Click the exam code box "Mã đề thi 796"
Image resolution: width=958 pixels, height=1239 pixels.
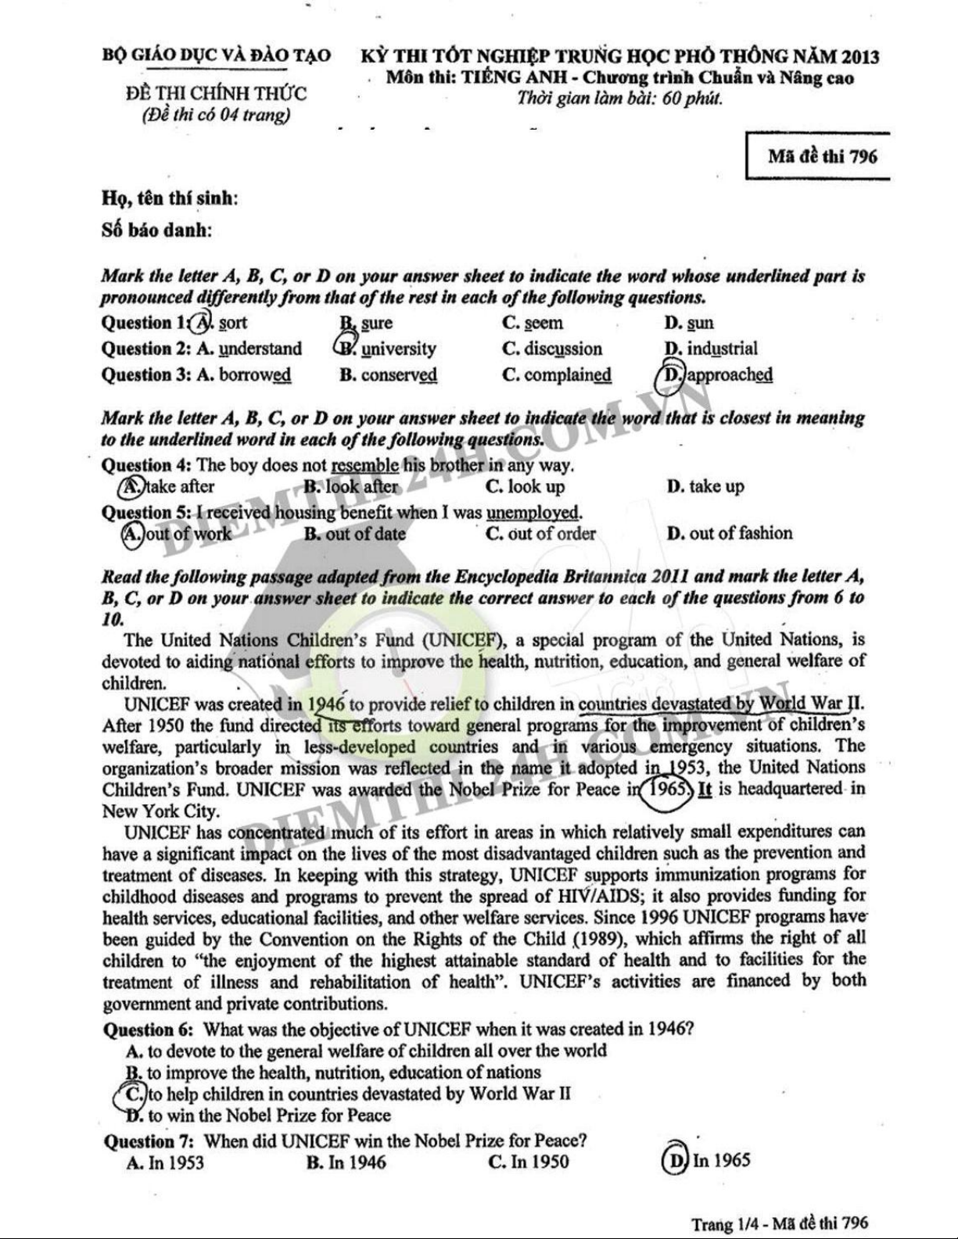coord(822,156)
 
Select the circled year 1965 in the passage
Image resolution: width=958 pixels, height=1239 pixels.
coord(667,788)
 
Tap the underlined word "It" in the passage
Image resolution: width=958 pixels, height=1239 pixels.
coord(705,788)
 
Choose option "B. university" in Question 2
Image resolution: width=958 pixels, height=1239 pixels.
coord(388,349)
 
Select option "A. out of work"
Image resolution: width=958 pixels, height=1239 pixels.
coord(178,533)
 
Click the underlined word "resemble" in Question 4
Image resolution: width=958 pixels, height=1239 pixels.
coord(365,466)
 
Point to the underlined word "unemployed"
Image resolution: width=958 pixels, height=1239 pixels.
coord(533,513)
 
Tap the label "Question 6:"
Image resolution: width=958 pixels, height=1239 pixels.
coord(149,1030)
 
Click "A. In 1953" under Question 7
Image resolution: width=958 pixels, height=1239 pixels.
coord(165,1162)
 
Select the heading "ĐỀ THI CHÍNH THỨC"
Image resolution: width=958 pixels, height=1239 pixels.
coord(216,94)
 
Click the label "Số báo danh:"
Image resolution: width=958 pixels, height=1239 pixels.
coord(157,230)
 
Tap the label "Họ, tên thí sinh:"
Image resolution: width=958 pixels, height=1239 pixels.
coord(170,199)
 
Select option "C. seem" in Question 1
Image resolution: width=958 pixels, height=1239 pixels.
coord(533,323)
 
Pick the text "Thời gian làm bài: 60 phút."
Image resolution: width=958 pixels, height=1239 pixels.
coord(619,99)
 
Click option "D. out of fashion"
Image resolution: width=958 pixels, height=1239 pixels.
coord(730,533)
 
